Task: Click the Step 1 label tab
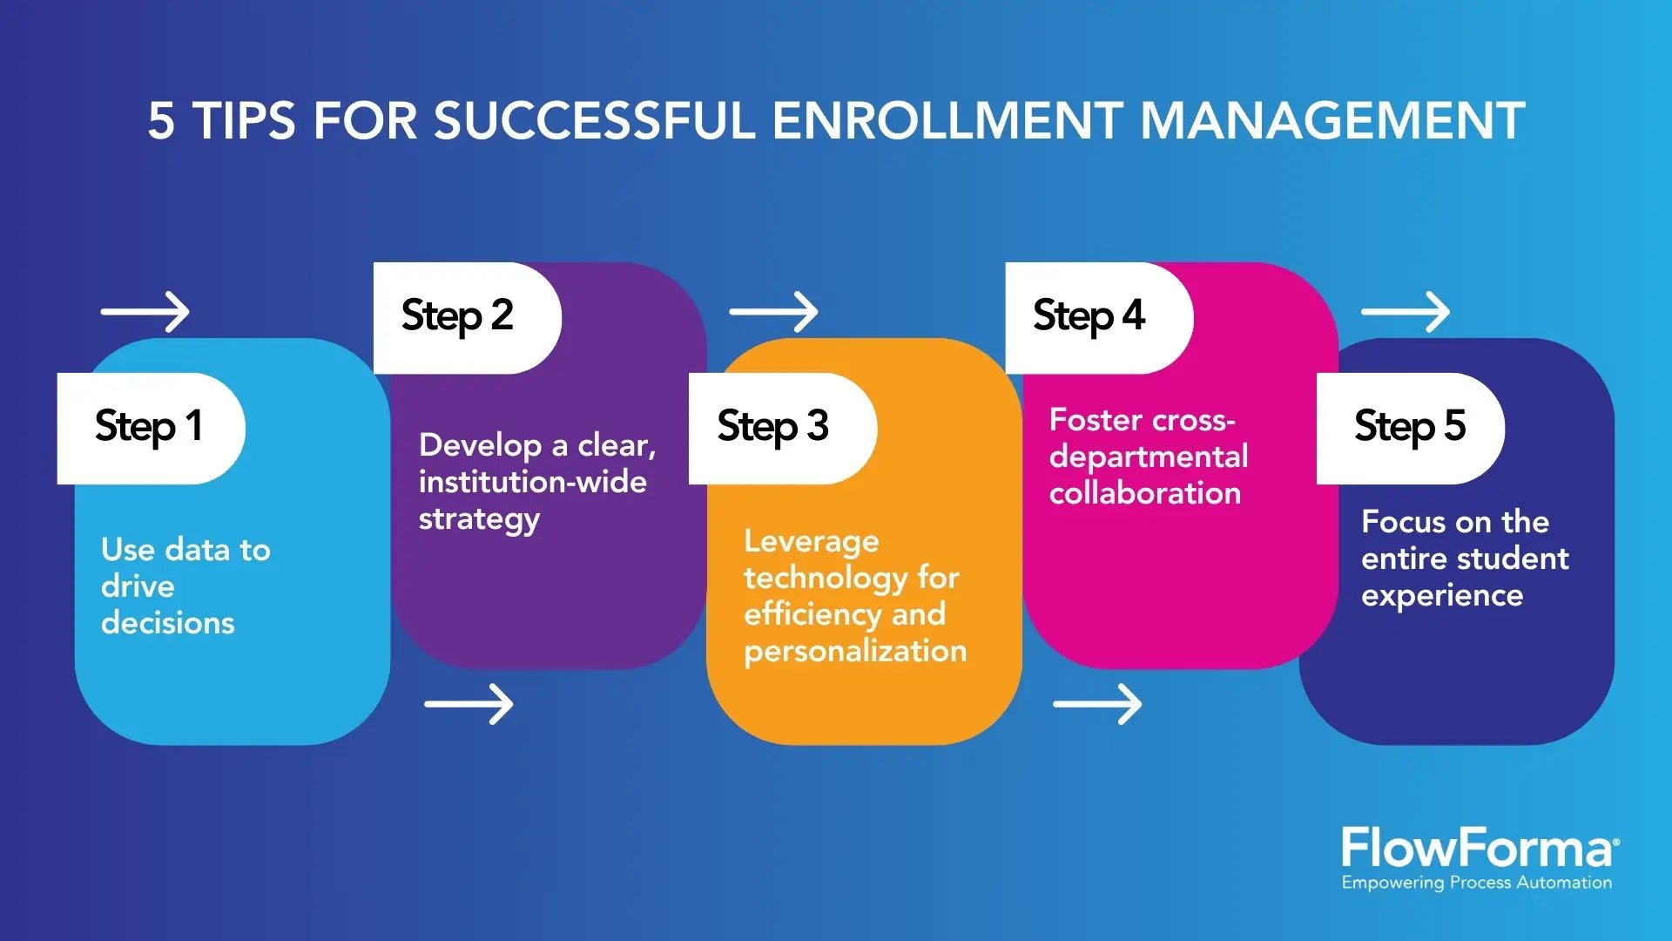pos(150,428)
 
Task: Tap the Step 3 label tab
pos(773,428)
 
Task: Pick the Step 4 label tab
pos(1089,317)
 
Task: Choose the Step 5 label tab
pos(1410,428)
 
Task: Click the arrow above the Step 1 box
pos(145,312)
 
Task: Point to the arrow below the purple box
pos(469,704)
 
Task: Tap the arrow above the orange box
pos(774,312)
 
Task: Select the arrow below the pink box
pos(1098,704)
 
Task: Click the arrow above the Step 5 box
pos(1406,312)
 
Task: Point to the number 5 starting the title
pos(160,120)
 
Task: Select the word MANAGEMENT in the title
pos(1332,120)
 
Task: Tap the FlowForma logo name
pos(1478,848)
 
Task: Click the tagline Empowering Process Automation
pos(1477,883)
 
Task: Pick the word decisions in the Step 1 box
pos(168,623)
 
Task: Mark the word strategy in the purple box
pos(479,520)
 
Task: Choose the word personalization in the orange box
pos(855,652)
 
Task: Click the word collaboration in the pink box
pos(1145,493)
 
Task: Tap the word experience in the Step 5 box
pos(1442,596)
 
